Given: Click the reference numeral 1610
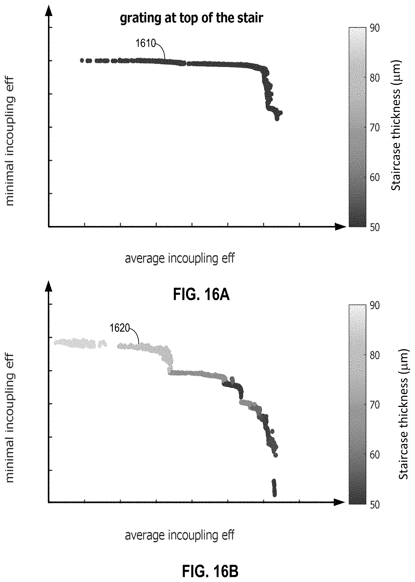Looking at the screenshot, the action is click(x=146, y=43).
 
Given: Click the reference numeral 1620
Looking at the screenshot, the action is click(x=120, y=328).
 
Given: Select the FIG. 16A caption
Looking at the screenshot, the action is click(x=201, y=294).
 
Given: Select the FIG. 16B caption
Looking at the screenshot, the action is click(x=210, y=564).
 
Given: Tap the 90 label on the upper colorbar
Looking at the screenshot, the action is click(x=375, y=28).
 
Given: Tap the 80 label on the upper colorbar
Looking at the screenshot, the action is click(x=375, y=78).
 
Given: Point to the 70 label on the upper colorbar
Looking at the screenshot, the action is click(x=375, y=127).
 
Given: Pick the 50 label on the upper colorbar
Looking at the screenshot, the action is click(x=375, y=227).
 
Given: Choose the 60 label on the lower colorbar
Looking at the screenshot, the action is click(x=375, y=455).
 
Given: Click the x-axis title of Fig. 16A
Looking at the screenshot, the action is click(x=180, y=259).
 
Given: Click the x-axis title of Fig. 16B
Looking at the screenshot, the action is click(x=180, y=535).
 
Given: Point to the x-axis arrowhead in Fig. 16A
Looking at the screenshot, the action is click(x=341, y=227).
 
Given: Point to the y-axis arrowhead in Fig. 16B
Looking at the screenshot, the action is click(x=49, y=286).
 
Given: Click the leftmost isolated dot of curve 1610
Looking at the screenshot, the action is click(x=82, y=60).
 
